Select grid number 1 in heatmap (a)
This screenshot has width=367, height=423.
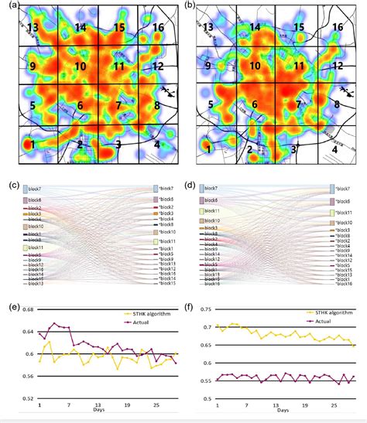click(29, 144)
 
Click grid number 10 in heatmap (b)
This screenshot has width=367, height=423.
click(255, 67)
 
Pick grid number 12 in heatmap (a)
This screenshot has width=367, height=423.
click(157, 67)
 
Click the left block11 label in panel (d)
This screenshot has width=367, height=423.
click(218, 211)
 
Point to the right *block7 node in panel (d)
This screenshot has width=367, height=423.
click(332, 189)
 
